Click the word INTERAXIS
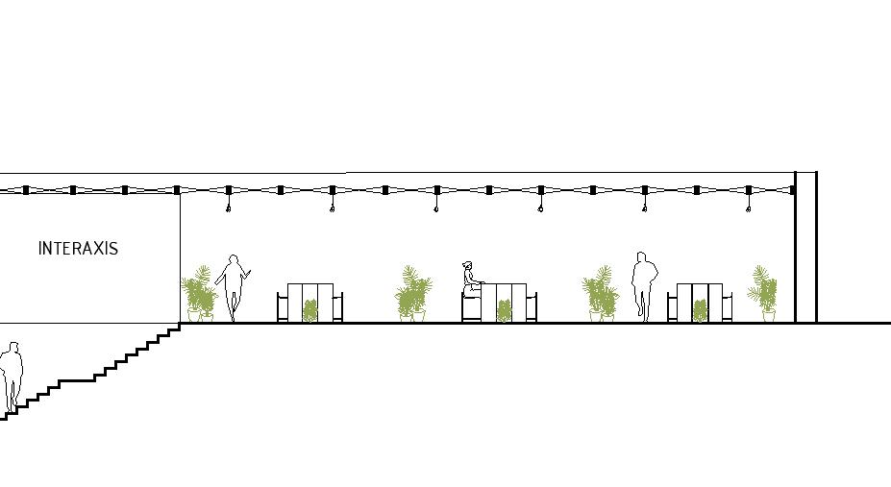[78, 249]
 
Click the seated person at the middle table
[470, 280]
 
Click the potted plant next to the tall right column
[764, 293]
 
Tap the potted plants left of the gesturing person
[199, 294]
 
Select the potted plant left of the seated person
[413, 294]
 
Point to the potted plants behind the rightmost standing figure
[600, 294]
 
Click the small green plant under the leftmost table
[310, 310]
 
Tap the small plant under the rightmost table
[700, 310]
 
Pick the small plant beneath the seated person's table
[504, 311]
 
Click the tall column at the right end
[805, 248]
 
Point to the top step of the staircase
[174, 329]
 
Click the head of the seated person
[468, 266]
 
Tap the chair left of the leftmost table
[282, 307]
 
